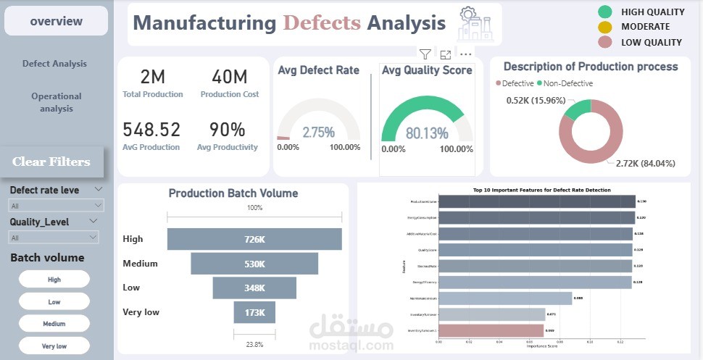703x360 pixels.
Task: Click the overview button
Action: [x=56, y=21]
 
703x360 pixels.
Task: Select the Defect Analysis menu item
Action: [x=54, y=64]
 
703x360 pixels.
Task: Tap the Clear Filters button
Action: [x=51, y=162]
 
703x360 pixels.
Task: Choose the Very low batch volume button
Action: [x=54, y=346]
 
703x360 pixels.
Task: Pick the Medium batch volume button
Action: [x=54, y=324]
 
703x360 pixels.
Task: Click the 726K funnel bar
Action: [x=254, y=239]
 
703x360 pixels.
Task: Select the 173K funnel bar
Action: [x=254, y=312]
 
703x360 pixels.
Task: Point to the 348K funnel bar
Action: [x=254, y=288]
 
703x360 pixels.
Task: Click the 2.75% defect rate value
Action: [x=319, y=133]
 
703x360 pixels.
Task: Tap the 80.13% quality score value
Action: [x=427, y=134]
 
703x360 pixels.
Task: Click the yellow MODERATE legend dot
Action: [x=604, y=27]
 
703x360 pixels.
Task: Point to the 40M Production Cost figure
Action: [x=229, y=77]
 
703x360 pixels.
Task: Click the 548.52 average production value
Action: [x=151, y=130]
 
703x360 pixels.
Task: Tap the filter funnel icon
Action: [x=425, y=54]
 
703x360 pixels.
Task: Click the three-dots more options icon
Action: [x=466, y=54]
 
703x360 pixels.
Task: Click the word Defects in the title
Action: [x=321, y=22]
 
